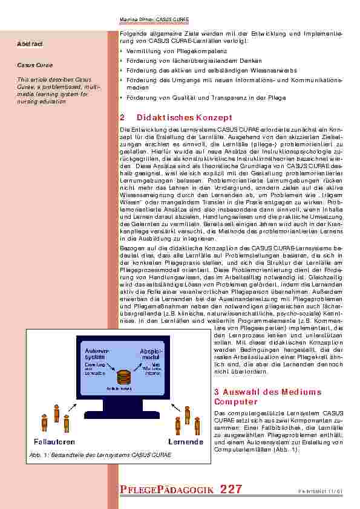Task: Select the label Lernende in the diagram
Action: point(185,442)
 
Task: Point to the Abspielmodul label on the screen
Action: point(149,353)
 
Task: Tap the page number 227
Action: point(232,490)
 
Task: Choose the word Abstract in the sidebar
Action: point(30,44)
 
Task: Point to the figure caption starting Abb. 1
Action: point(98,454)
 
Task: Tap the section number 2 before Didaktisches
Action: point(123,117)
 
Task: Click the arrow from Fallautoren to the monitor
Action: point(71,408)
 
